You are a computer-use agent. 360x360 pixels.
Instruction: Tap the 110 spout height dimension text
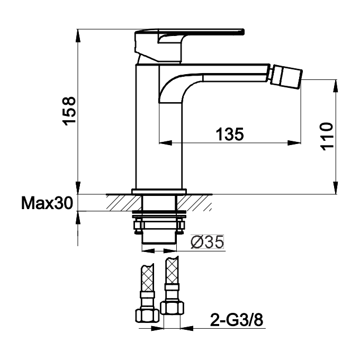pos(327,136)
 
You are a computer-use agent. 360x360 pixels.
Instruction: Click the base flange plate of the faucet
pos(159,191)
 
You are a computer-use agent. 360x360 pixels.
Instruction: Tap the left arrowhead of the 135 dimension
pos(164,142)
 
